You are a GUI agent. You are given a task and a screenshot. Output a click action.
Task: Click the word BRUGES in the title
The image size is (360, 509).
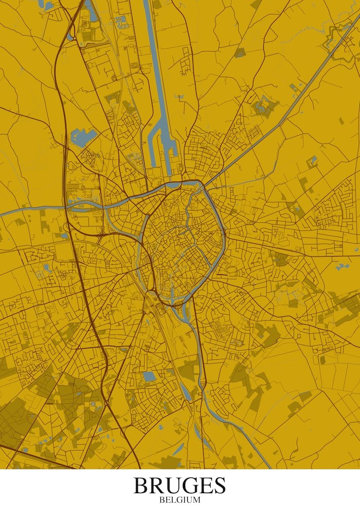pyautogui.click(x=180, y=485)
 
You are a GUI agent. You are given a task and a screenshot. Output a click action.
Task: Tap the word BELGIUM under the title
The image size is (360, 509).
pyautogui.click(x=180, y=500)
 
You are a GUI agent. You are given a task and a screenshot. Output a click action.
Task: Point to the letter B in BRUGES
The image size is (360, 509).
pyautogui.click(x=141, y=485)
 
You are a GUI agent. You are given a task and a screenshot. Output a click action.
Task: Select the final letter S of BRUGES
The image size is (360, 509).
pyautogui.click(x=218, y=485)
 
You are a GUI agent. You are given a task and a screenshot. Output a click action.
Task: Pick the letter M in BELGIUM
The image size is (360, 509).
pyautogui.click(x=196, y=500)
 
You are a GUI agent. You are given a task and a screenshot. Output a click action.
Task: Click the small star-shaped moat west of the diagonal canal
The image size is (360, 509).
pyautogui.click(x=264, y=105)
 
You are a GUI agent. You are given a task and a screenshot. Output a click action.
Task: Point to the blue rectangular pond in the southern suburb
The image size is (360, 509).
pyautogui.click(x=149, y=377)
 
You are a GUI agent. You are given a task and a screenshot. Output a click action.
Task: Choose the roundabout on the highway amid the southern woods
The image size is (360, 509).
pyautogui.click(x=107, y=404)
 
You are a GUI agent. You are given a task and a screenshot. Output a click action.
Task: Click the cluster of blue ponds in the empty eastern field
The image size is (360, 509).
pyautogui.click(x=342, y=266)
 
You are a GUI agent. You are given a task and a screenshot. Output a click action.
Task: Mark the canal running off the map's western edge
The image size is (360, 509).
pyautogui.click(x=20, y=210)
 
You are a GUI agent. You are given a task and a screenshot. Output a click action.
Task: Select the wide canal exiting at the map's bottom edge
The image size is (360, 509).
pyautogui.click(x=255, y=448)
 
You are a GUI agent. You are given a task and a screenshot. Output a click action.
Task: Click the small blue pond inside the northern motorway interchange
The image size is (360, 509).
pyautogui.click(x=70, y=37)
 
